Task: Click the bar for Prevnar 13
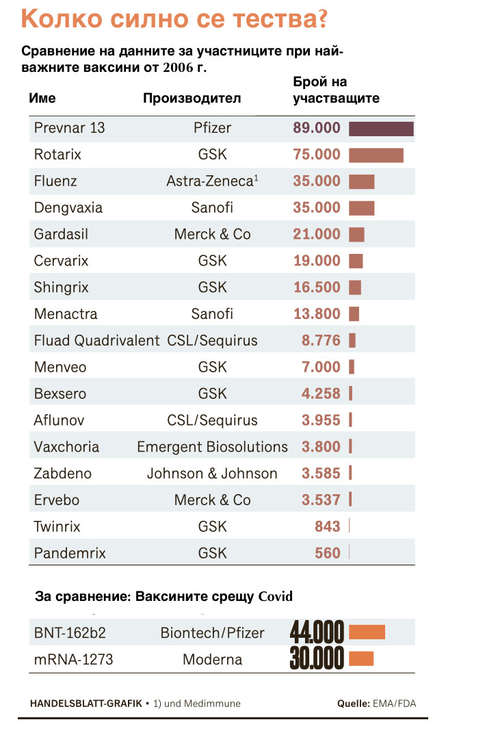coord(381,129)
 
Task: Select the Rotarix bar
coord(376,155)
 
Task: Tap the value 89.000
coord(317,128)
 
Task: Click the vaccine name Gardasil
coord(61,234)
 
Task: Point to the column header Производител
coord(192,98)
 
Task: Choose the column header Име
coord(42,98)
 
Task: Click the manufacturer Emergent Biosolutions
coord(212,447)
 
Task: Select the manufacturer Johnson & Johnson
coord(212,474)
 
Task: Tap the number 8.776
coord(321,341)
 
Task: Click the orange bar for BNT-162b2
coord(367,632)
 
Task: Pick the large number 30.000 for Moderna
coord(317,659)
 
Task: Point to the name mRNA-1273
coord(73,660)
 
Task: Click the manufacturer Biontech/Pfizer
coord(212,633)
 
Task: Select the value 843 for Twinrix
coord(328,526)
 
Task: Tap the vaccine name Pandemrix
coord(70,553)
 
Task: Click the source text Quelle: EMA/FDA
coord(376,703)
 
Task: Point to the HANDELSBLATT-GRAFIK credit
coord(86,703)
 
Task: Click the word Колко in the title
coord(62,18)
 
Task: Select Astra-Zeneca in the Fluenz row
coord(209,181)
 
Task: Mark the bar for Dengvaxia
coord(361,208)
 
